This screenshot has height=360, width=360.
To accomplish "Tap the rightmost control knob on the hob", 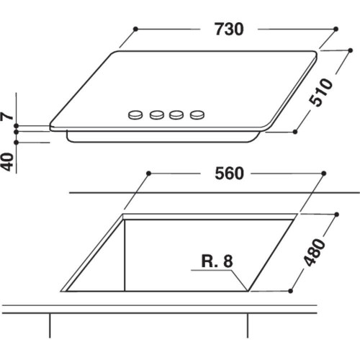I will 195,114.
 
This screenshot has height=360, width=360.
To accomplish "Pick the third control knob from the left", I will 176,114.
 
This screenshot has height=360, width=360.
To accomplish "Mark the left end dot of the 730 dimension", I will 135,30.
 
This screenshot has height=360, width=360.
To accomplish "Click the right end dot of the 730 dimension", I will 336,30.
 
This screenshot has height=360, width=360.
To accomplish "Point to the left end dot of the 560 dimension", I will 148,174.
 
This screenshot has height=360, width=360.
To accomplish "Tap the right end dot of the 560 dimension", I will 323,174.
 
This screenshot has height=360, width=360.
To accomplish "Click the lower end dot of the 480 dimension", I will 290,291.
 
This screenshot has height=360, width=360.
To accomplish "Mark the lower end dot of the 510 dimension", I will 296,132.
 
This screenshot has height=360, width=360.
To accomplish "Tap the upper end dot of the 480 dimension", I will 336,214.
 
